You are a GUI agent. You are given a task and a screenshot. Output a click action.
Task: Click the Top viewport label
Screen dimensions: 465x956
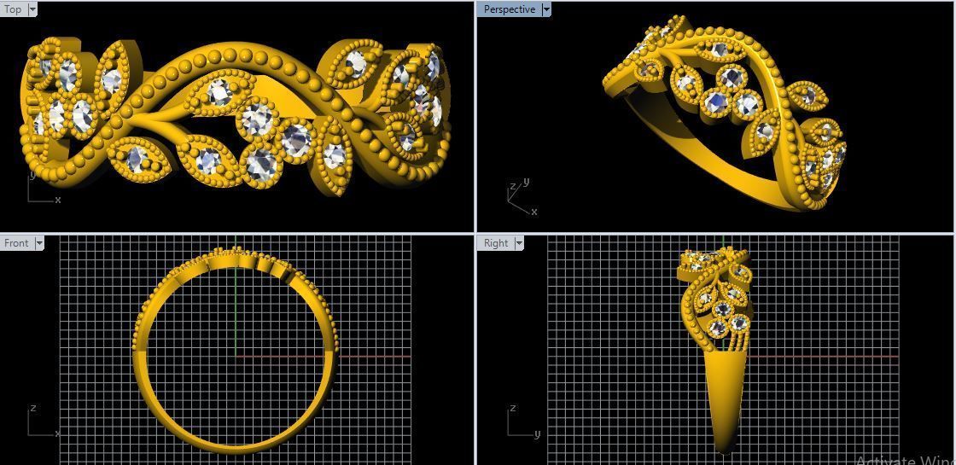point(13,9)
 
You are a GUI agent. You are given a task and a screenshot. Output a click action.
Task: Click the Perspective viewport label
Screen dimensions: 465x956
point(510,9)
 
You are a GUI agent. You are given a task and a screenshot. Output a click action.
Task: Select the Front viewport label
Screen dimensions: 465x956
point(16,243)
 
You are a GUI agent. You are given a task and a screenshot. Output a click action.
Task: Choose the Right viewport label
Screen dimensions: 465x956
point(496,243)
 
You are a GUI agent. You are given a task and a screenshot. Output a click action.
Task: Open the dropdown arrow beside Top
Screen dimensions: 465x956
point(32,9)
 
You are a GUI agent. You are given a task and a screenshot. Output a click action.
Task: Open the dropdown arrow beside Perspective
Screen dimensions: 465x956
point(546,9)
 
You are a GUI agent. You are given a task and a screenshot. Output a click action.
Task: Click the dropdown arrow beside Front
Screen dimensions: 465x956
point(39,243)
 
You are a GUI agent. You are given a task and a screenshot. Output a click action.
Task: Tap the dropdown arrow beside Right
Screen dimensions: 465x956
point(519,243)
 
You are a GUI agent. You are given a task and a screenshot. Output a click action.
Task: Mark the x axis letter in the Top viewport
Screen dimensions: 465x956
point(58,200)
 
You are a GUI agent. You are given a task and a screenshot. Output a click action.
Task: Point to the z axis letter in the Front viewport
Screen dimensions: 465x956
point(32,408)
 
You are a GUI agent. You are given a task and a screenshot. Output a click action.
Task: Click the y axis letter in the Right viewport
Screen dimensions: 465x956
point(538,434)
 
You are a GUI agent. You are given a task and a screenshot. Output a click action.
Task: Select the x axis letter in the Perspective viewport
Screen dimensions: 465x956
point(534,211)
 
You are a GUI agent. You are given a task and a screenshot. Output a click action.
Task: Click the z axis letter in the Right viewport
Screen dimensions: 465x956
point(512,408)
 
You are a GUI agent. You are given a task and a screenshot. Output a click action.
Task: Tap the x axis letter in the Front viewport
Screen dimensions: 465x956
point(58,434)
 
